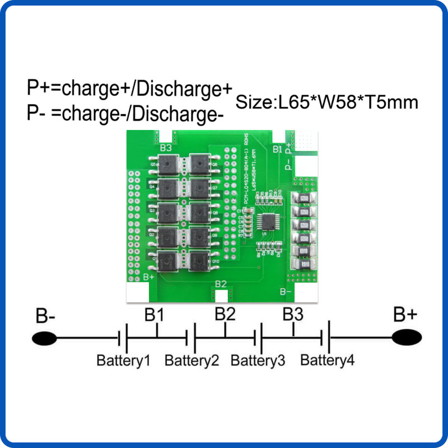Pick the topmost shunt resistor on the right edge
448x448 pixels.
point(302,198)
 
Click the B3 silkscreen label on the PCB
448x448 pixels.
point(166,148)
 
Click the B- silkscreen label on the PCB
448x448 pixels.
point(286,291)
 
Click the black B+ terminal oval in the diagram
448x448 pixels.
point(407,338)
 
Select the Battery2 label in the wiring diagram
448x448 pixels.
point(192,360)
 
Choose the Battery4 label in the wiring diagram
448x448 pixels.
point(327,360)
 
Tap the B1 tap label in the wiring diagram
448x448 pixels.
point(155,315)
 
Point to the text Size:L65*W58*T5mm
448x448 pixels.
point(327,102)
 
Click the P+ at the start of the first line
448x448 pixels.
point(36,88)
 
